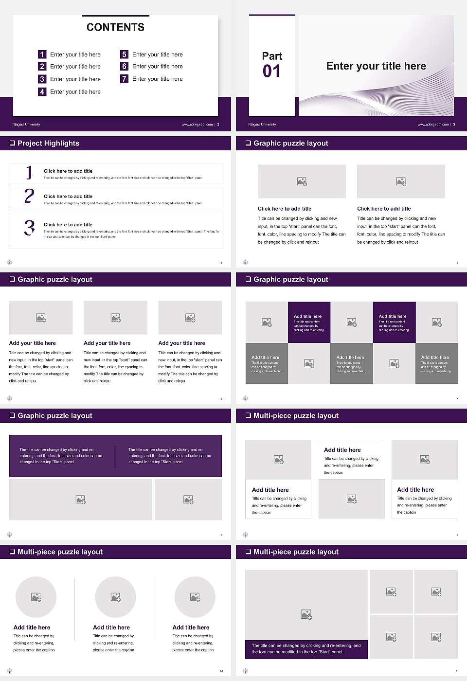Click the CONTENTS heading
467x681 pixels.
[x=115, y=27]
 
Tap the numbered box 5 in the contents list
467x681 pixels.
[x=124, y=54]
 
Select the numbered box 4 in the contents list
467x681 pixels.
[x=42, y=91]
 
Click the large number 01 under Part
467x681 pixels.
[x=271, y=72]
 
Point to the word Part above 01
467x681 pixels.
[x=272, y=56]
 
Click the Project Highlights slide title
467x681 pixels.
[x=48, y=143]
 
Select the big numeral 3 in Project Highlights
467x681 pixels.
[x=29, y=228]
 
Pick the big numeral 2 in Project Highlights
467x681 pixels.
[x=29, y=196]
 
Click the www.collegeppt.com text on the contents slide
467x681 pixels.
[x=197, y=125]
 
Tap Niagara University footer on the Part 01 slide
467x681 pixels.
[x=262, y=125]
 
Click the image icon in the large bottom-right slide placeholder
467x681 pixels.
[x=306, y=615]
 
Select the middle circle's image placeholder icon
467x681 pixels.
[x=115, y=597]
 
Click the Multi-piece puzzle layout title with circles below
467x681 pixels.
[x=60, y=552]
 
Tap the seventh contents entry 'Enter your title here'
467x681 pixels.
[x=157, y=79]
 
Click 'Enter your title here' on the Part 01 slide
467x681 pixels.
[x=376, y=66]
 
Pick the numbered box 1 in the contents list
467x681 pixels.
[x=42, y=54]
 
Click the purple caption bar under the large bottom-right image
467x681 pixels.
[x=306, y=649]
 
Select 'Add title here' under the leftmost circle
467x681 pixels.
[x=32, y=627]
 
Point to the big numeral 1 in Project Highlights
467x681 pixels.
[x=29, y=172]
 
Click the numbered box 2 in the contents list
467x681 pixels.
[x=42, y=67]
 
